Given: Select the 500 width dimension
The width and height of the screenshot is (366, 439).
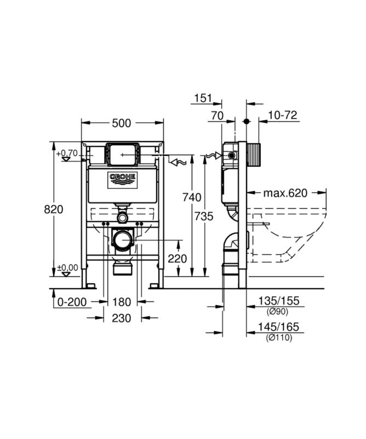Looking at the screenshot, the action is pos(121,123).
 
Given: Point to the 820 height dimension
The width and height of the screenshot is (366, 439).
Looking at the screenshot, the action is pos(53,209).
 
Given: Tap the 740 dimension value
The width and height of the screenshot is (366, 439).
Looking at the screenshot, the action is pos(192,198).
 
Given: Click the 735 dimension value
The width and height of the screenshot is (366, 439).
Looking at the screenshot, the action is pos(204,216).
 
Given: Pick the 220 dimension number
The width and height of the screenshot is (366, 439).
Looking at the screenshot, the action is pos(178,258).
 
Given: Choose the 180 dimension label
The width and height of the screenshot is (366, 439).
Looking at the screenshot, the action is pos(122,302).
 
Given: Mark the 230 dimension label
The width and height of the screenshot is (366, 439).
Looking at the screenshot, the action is pos(121,318).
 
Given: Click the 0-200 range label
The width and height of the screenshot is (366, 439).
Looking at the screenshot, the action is pos(72,302).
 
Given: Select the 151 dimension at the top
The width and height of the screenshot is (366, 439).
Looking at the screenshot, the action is pos(203,98).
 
